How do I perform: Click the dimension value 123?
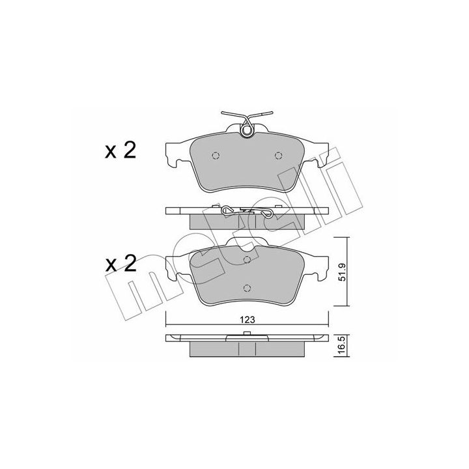coord(247,320)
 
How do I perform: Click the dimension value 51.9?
coord(342,272)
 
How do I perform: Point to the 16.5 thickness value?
coord(342,346)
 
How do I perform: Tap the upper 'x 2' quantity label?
coord(121,150)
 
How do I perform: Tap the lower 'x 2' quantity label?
coord(121,264)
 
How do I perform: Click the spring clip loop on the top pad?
coord(247,130)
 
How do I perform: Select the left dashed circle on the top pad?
coord(216,156)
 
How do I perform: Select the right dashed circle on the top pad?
coord(279,156)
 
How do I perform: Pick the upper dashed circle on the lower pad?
coord(247,260)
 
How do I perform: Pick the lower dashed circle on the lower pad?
coord(247,288)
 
